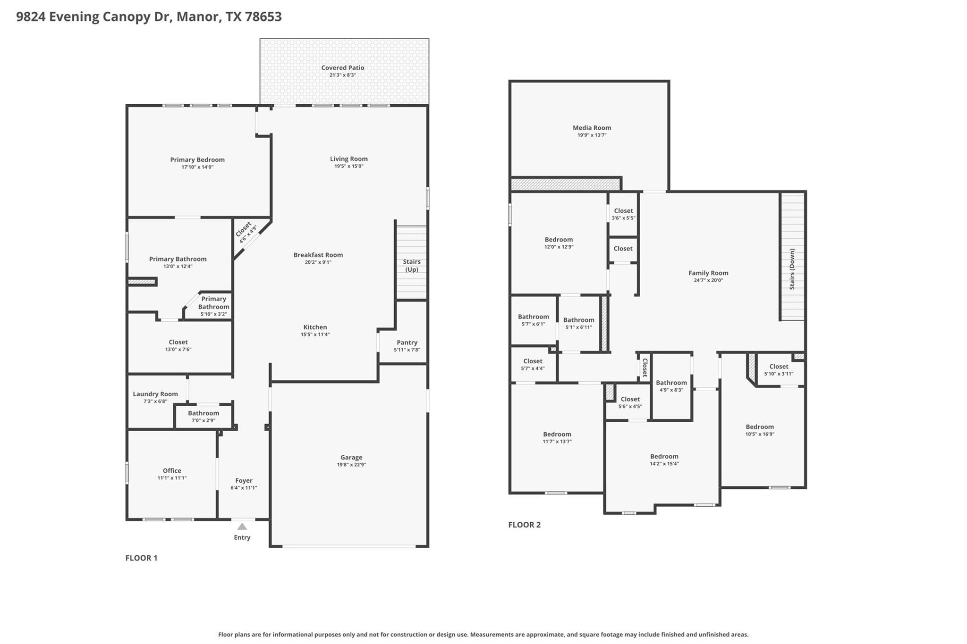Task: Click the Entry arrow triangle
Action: point(242,527)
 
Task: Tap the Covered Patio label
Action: point(342,68)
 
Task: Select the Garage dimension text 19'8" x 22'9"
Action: point(351,465)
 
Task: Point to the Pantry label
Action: point(407,343)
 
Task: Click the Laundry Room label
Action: point(155,394)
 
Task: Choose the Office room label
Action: point(172,470)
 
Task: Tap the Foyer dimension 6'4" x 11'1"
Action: point(244,488)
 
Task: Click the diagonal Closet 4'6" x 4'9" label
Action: point(246,231)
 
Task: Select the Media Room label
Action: point(592,127)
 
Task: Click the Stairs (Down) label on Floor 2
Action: point(792,268)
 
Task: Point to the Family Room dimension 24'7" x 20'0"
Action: point(708,280)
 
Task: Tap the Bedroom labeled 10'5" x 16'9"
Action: point(760,427)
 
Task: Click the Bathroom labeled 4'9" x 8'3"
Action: point(671,383)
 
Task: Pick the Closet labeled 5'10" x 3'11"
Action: point(779,366)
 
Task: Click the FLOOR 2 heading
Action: point(524,525)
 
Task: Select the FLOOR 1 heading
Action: point(141,558)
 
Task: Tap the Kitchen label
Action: point(315,327)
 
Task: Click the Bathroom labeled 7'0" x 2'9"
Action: point(204,413)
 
